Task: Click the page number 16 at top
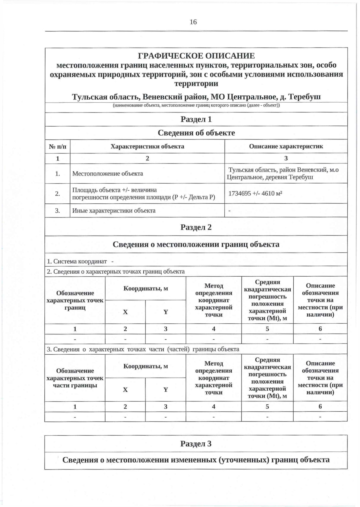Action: pyautogui.click(x=193, y=22)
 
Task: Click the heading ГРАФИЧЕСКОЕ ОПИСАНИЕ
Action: pyautogui.click(x=196, y=56)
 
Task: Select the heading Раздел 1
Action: pyautogui.click(x=196, y=119)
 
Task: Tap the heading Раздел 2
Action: pyautogui.click(x=196, y=227)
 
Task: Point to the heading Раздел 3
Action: pyautogui.click(x=196, y=443)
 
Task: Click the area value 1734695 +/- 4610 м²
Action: pyautogui.click(x=255, y=193)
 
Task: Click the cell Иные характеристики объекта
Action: pyautogui.click(x=114, y=211)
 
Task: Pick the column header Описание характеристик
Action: pyautogui.click(x=286, y=146)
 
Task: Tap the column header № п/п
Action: pyautogui.click(x=57, y=146)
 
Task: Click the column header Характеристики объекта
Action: pyautogui.click(x=147, y=146)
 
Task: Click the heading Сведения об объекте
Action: pyautogui.click(x=196, y=133)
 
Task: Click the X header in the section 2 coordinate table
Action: pyautogui.click(x=125, y=312)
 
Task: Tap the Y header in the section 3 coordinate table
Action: pyautogui.click(x=166, y=390)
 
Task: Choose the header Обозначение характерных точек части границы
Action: pyautogui.click(x=75, y=378)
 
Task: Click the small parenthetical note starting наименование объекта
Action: pyautogui.click(x=196, y=106)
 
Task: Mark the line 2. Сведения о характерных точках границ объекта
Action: pyautogui.click(x=116, y=272)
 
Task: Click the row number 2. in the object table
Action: pyautogui.click(x=57, y=193)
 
